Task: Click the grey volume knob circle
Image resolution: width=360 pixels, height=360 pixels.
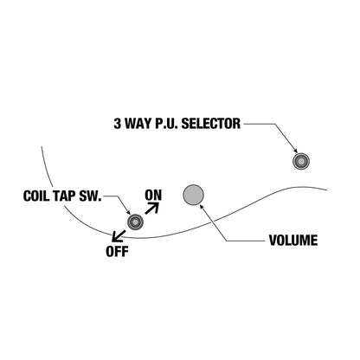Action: point(193,195)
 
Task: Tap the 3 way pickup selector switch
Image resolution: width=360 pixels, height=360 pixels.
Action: point(301,161)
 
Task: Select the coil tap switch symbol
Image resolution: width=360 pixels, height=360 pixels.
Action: point(135,222)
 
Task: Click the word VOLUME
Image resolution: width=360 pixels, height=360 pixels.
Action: point(293,241)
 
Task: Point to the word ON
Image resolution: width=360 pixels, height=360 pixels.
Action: point(153,196)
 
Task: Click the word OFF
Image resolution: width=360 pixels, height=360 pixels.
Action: point(117,252)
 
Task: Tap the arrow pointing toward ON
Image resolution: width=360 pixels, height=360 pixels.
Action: point(152,208)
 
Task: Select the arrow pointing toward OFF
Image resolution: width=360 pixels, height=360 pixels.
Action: point(119,235)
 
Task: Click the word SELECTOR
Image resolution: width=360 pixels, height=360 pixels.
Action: point(210,124)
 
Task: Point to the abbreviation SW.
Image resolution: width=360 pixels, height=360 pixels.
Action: point(90,196)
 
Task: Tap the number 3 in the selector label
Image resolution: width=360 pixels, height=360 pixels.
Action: point(117,124)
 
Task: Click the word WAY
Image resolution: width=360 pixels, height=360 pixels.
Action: point(138,124)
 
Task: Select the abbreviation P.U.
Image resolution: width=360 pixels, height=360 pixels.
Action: point(166,124)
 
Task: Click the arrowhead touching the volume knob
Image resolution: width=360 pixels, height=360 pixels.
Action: point(202,207)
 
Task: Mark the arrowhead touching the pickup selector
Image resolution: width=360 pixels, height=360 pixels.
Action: point(295,150)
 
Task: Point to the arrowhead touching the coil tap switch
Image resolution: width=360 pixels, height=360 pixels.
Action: point(128,212)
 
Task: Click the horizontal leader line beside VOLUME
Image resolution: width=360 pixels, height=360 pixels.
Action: point(245,241)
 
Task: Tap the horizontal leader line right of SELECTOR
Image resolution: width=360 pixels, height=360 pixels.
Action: point(259,124)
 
